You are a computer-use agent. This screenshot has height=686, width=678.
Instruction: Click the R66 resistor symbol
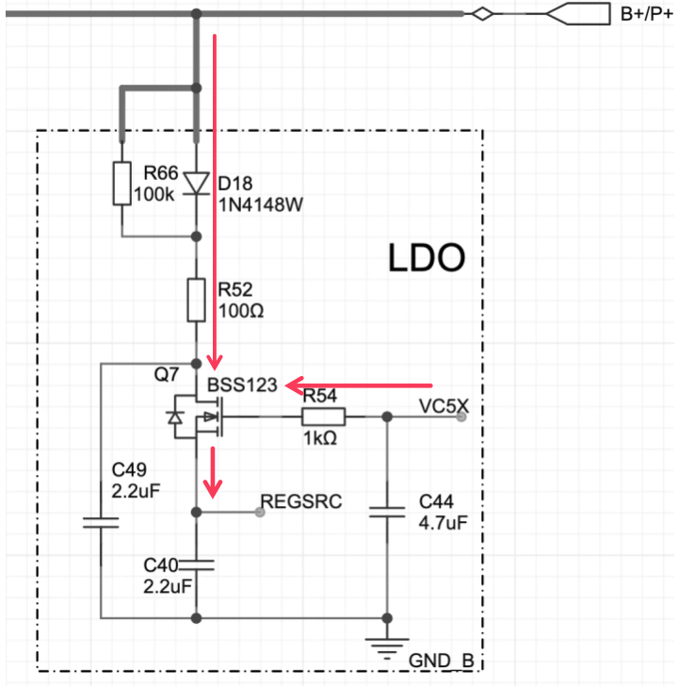pyautogui.click(x=122, y=184)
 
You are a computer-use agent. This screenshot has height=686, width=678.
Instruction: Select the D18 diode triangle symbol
pyautogui.click(x=196, y=183)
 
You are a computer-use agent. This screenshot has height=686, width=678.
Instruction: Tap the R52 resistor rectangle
pyautogui.click(x=196, y=300)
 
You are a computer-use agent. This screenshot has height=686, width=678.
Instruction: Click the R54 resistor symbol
pyautogui.click(x=324, y=416)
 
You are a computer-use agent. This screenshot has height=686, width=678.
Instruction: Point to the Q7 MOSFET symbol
pyautogui.click(x=197, y=416)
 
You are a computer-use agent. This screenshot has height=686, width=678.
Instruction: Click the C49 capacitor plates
pyautogui.click(x=101, y=522)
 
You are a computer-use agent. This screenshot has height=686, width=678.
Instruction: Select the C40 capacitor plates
pyautogui.click(x=196, y=564)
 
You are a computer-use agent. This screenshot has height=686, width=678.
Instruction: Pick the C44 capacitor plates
pyautogui.click(x=387, y=512)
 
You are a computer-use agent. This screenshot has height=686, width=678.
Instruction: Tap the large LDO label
pyautogui.click(x=427, y=258)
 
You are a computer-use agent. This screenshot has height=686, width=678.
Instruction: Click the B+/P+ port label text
pyautogui.click(x=647, y=14)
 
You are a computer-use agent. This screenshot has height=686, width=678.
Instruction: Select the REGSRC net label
pyautogui.click(x=301, y=501)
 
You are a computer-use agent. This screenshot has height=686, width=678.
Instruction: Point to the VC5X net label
pyautogui.click(x=444, y=406)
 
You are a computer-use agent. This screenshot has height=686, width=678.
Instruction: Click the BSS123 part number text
pyautogui.click(x=242, y=385)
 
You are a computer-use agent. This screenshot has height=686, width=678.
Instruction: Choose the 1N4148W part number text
pyautogui.click(x=261, y=204)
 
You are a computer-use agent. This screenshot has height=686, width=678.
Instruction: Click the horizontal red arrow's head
pyautogui.click(x=294, y=385)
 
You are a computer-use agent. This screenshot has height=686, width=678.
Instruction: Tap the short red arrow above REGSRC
pyautogui.click(x=213, y=472)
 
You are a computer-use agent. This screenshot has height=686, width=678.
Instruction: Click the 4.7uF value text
pyautogui.click(x=444, y=522)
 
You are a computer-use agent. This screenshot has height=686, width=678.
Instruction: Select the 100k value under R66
pyautogui.click(x=153, y=194)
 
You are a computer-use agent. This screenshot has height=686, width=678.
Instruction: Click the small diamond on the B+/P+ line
pyautogui.click(x=482, y=14)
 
